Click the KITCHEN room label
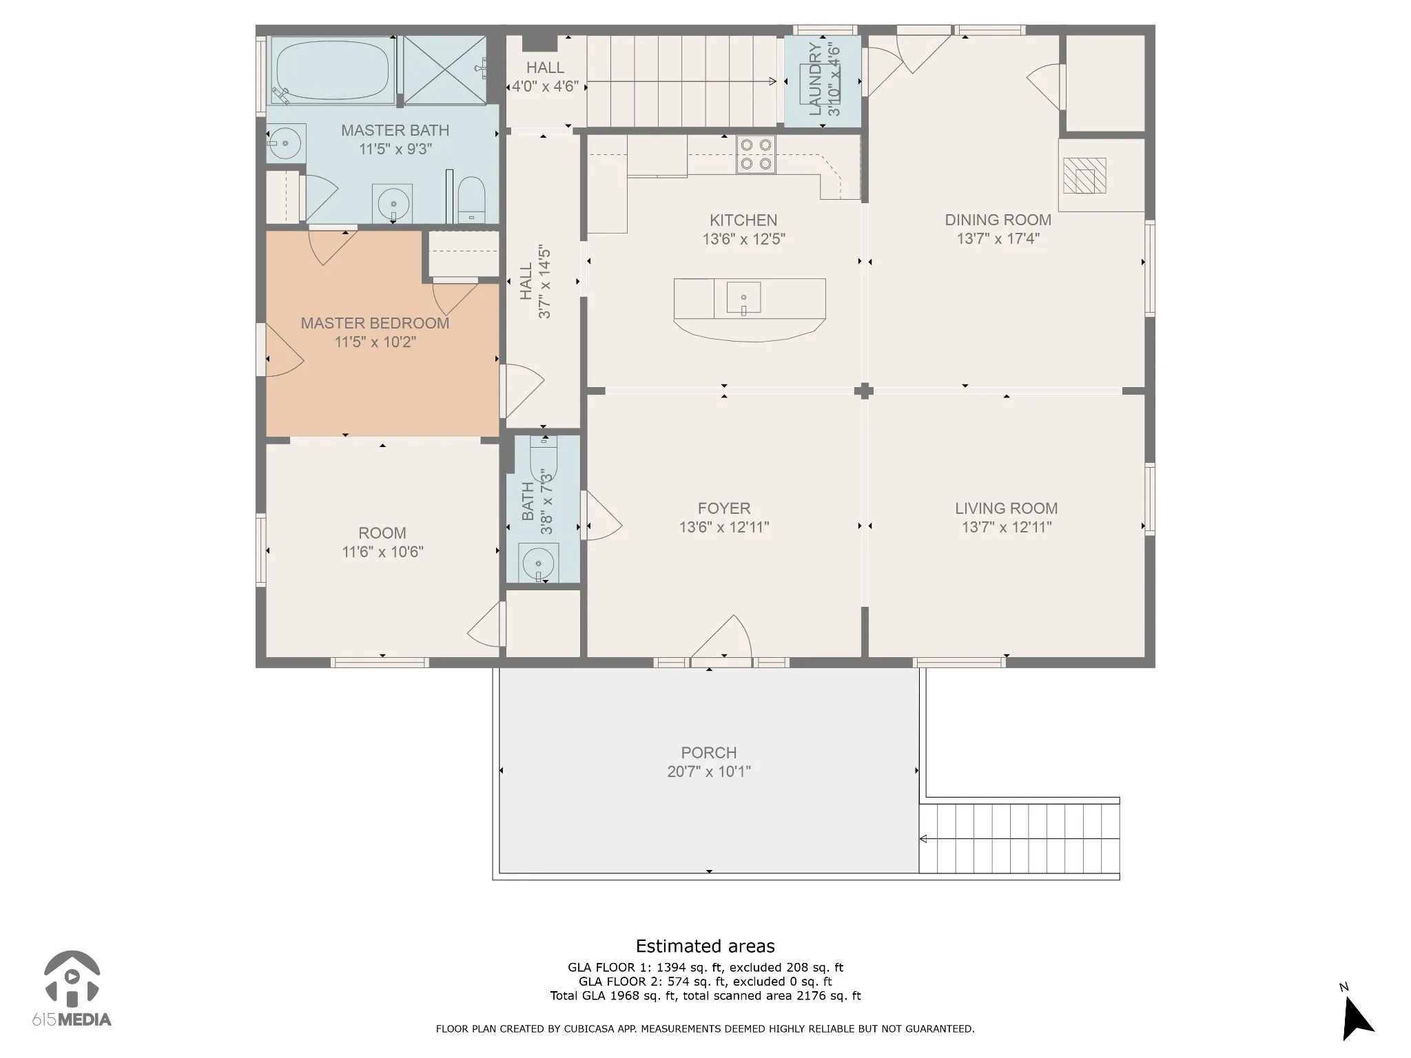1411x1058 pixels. point(743,220)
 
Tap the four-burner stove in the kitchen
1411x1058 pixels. point(756,154)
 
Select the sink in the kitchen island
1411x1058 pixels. point(744,298)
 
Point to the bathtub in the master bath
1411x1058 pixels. point(331,70)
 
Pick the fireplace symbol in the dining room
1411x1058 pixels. point(1084,176)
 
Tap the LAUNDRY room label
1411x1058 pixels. point(815,79)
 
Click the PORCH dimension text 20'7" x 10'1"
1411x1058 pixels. point(709,771)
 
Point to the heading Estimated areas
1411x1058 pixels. point(705,946)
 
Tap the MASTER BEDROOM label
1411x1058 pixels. point(375,323)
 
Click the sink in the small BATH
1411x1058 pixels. point(538,563)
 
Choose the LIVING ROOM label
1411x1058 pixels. point(1007,508)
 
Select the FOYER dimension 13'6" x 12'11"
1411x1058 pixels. point(724,527)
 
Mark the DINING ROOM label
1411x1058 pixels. point(998,220)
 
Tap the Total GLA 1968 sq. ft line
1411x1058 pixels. point(705,995)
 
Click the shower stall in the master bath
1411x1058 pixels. point(444,70)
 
